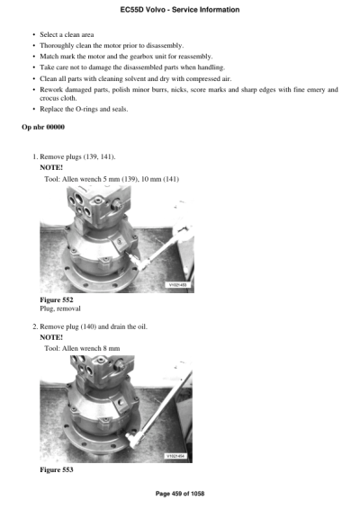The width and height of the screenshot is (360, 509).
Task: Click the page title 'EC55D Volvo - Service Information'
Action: coord(179,9)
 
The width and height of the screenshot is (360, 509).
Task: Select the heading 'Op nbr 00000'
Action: coord(42,127)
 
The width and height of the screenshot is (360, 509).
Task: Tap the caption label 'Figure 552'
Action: coord(57,299)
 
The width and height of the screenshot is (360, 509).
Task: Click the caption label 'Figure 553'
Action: coord(57,470)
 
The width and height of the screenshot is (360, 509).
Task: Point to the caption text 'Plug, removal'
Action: coord(60,308)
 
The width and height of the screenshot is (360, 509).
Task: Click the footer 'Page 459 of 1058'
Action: coord(180,494)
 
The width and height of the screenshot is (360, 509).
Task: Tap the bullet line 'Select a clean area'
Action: coord(71,32)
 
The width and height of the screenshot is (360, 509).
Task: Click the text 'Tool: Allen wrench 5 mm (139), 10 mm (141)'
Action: coord(112,178)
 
